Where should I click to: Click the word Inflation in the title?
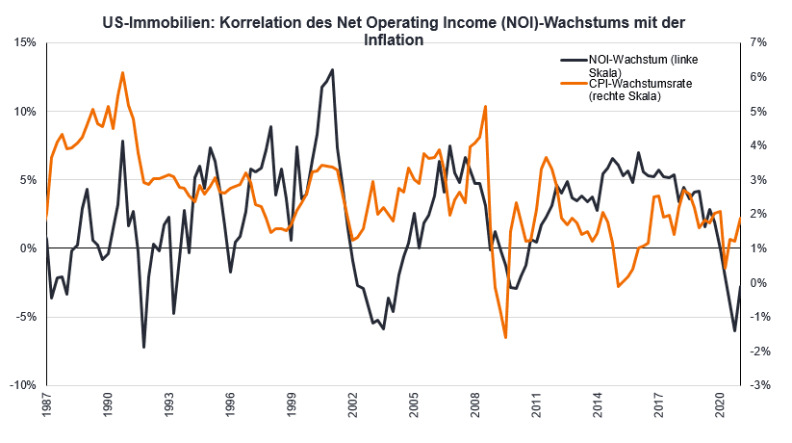[395, 40]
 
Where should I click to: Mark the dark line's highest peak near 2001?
[333, 69]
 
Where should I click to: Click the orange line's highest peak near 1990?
[122, 72]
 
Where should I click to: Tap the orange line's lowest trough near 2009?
[505, 337]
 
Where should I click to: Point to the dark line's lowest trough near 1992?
[143, 347]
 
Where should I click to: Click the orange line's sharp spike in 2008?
[486, 106]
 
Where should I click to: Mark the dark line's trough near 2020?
[734, 331]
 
